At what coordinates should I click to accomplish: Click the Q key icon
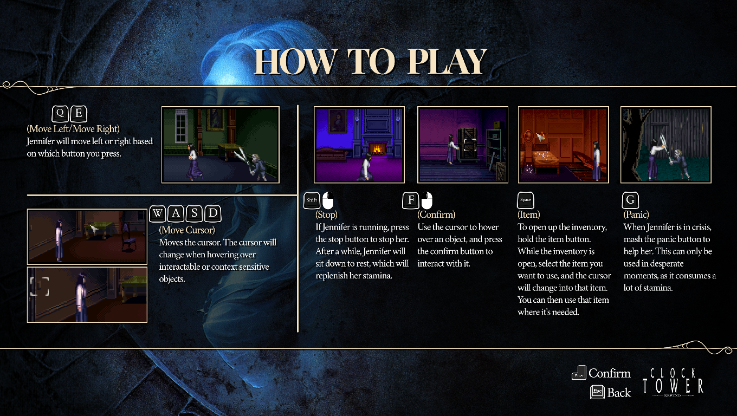pyautogui.click(x=60, y=113)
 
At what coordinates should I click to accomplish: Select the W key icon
pyautogui.click(x=158, y=214)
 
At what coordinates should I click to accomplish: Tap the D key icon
pyautogui.click(x=213, y=214)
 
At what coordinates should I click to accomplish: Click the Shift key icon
pyautogui.click(x=312, y=200)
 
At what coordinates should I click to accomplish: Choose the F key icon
pyautogui.click(x=411, y=200)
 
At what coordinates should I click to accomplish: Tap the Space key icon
pyautogui.click(x=526, y=200)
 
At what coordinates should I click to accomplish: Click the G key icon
pyautogui.click(x=630, y=200)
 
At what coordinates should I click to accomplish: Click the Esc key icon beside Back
pyautogui.click(x=597, y=392)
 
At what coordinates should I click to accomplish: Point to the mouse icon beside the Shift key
pyautogui.click(x=328, y=200)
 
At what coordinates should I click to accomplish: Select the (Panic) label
pyautogui.click(x=636, y=214)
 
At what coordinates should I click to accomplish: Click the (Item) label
pyautogui.click(x=529, y=214)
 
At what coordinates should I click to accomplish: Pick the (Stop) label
pyautogui.click(x=326, y=214)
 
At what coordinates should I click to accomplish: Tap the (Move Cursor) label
pyautogui.click(x=187, y=230)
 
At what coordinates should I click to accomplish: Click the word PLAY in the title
pyautogui.click(x=448, y=62)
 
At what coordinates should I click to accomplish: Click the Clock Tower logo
pyautogui.click(x=673, y=382)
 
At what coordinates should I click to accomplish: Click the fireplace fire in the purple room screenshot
pyautogui.click(x=377, y=149)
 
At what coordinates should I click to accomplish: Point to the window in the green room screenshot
pyautogui.click(x=181, y=126)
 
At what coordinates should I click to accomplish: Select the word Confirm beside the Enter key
pyautogui.click(x=609, y=373)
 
